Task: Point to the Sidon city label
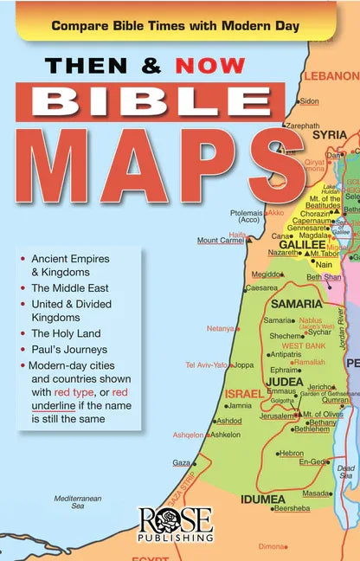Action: coord(309,100)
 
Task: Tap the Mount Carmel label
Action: coord(219,241)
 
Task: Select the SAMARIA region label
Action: coord(297,304)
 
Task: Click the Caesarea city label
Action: coord(261,287)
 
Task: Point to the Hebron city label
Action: coord(291,453)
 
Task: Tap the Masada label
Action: coord(316,493)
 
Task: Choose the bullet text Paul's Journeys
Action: coord(68,350)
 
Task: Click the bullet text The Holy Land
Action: coord(66,333)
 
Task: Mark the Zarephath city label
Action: coord(302,126)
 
